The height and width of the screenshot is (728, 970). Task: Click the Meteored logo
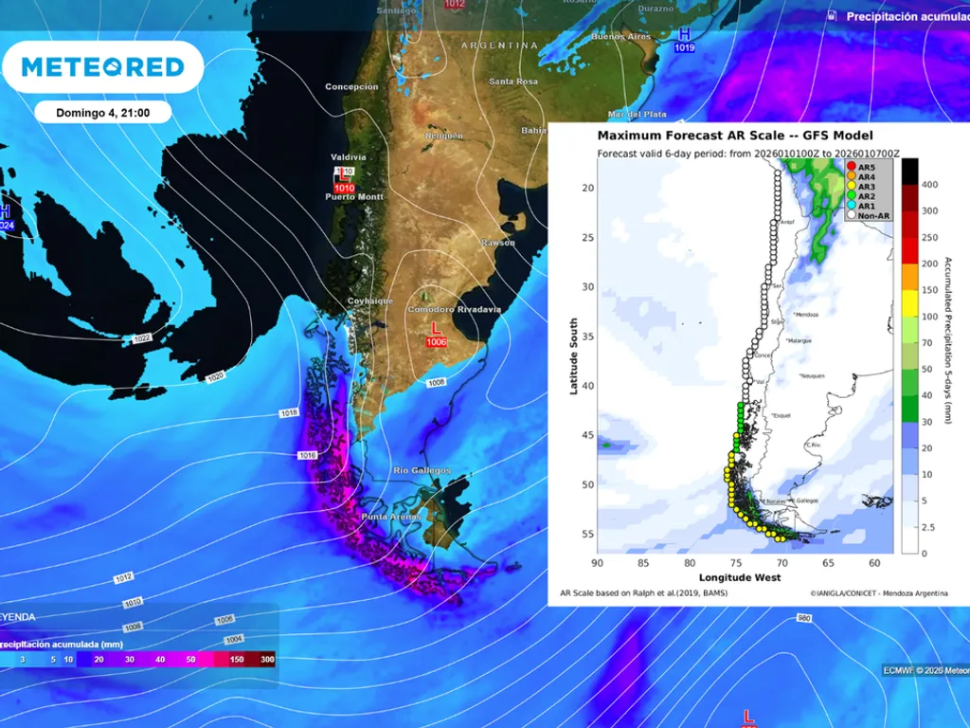tap(102, 67)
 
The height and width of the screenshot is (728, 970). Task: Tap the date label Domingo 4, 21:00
tap(101, 112)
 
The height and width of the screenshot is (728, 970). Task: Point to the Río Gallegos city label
tap(422, 470)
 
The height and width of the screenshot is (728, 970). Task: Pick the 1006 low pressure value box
tap(436, 341)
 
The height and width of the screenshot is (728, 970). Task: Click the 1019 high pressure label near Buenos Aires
tap(683, 46)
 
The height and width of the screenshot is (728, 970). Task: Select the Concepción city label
tap(351, 87)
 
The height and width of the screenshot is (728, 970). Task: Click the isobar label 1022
tap(143, 338)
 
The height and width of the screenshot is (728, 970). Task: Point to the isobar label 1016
tap(307, 456)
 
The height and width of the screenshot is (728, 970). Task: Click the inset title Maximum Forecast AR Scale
tap(735, 136)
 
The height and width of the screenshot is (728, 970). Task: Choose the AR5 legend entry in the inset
tap(866, 167)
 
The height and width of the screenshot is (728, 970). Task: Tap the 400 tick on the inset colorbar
tap(930, 184)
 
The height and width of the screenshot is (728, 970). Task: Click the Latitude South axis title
tap(575, 357)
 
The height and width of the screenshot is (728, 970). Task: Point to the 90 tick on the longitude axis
tap(597, 563)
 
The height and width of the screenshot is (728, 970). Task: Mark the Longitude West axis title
tap(740, 576)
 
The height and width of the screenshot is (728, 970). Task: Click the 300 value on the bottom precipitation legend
tap(268, 659)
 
